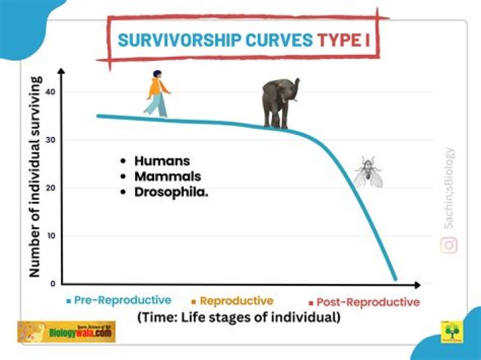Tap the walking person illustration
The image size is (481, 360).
click(157, 94)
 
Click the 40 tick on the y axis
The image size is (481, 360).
click(51, 92)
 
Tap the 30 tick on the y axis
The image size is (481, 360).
click(51, 140)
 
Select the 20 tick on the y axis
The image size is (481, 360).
click(51, 188)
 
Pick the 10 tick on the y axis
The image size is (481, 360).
click(51, 236)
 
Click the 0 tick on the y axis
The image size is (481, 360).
click(52, 284)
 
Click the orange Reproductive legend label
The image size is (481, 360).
click(236, 301)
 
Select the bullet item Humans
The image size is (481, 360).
click(162, 161)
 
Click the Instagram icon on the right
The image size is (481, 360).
click(449, 245)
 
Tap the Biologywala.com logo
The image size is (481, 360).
click(66, 331)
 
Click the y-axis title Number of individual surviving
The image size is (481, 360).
click(35, 178)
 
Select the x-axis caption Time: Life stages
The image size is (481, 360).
click(238, 318)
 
